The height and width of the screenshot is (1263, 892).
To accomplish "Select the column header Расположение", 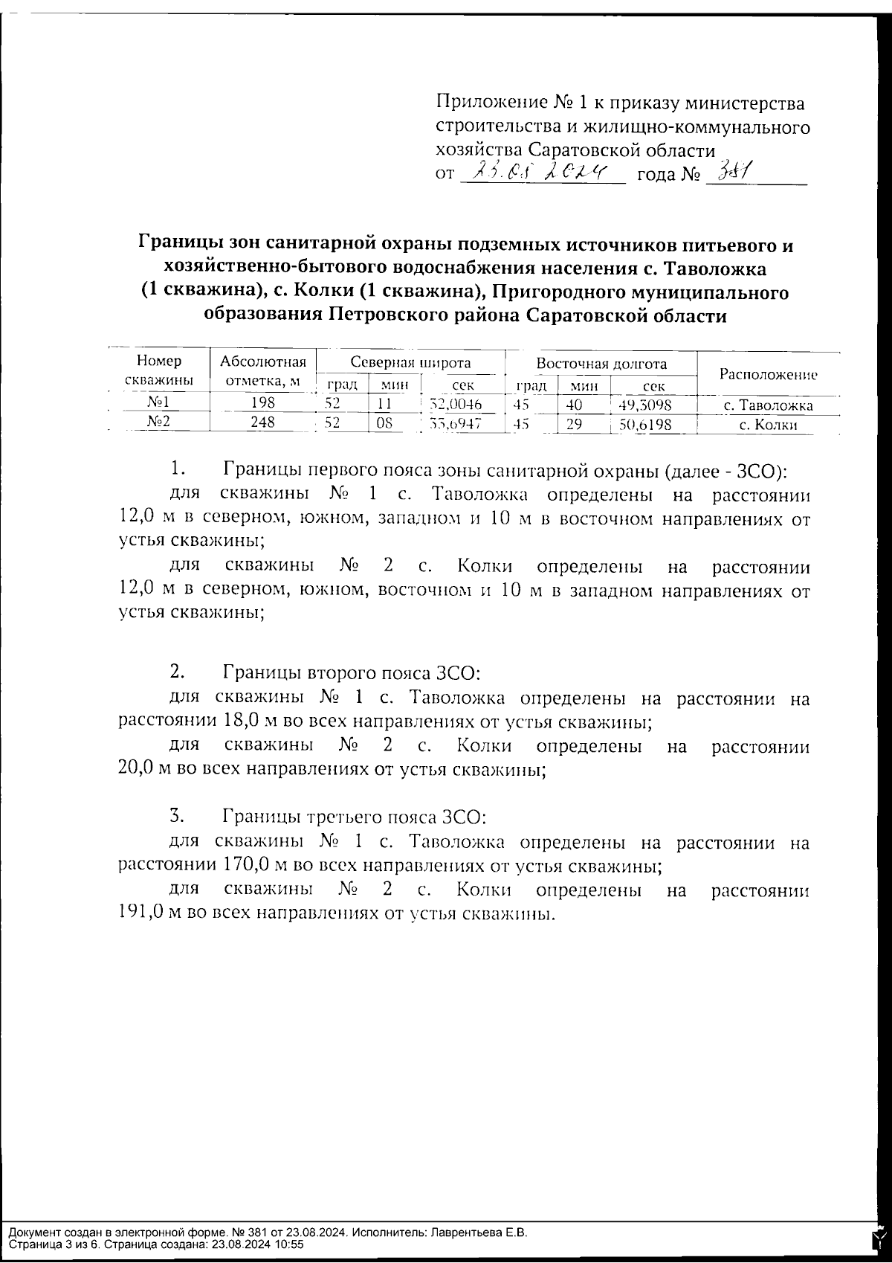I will pyautogui.click(x=768, y=375).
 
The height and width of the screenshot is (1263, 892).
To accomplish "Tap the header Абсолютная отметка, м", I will pyautogui.click(x=262, y=372).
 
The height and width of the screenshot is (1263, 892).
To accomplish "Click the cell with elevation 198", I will pyautogui.click(x=262, y=404).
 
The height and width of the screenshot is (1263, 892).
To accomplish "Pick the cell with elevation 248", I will pyautogui.click(x=262, y=423).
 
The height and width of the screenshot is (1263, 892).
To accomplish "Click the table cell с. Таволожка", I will pyautogui.click(x=768, y=405).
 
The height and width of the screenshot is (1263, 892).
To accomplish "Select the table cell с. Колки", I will pyautogui.click(x=768, y=425).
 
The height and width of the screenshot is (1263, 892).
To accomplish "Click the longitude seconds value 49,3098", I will pyautogui.click(x=645, y=405).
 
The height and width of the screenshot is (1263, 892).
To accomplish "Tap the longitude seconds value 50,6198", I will pyautogui.click(x=645, y=425).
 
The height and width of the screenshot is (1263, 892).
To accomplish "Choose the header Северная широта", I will pyautogui.click(x=410, y=363).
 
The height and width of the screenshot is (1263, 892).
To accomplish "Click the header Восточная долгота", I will pyautogui.click(x=601, y=364).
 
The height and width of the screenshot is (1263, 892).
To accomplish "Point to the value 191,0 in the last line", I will pyautogui.click(x=141, y=913).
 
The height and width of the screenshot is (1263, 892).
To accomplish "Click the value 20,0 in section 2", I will pyautogui.click(x=141, y=770).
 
